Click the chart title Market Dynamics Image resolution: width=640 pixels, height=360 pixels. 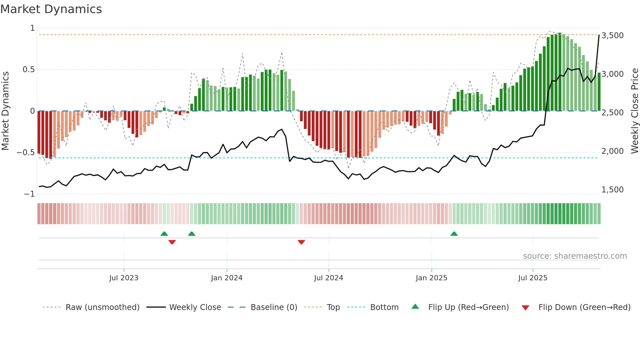point(51,9)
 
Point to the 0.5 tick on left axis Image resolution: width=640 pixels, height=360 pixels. point(28,70)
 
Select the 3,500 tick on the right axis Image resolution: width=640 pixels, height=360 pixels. point(612,36)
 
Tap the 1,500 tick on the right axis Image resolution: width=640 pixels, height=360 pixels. point(612,190)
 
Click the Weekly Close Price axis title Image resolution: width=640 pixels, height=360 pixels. point(634,111)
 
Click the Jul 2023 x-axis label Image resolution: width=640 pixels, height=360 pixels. point(124,278)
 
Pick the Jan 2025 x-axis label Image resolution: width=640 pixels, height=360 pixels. point(431,278)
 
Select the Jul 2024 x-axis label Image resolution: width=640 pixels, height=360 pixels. point(328,278)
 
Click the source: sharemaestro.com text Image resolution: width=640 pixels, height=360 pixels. point(575,256)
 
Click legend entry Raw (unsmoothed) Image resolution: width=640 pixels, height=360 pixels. point(102,307)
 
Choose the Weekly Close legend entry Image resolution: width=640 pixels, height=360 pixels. point(195,307)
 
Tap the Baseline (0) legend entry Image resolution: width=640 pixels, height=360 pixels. point(274,307)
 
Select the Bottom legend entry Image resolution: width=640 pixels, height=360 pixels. point(384,307)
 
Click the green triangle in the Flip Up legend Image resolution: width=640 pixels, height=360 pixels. point(415,307)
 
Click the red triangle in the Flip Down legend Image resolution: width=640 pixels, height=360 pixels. point(525,308)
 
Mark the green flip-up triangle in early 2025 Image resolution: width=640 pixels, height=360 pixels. point(454,234)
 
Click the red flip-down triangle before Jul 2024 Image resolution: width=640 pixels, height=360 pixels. point(301,242)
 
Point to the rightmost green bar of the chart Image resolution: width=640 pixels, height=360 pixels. point(599,92)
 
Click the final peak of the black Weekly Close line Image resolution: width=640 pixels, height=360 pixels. point(599,35)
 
